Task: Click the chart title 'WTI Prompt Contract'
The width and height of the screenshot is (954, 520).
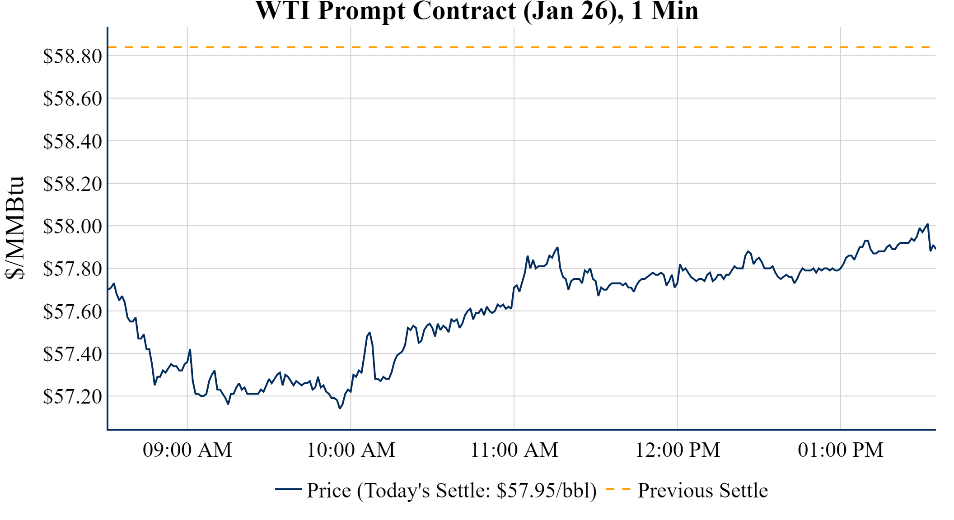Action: pos(477,11)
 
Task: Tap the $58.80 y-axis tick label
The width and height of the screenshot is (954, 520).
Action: pos(72,56)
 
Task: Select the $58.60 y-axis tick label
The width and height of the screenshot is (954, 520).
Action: pos(72,98)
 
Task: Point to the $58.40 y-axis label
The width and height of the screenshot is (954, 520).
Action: pos(72,141)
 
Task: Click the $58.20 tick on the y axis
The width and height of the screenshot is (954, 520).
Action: pos(72,184)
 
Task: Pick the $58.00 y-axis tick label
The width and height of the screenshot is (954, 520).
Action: pos(72,226)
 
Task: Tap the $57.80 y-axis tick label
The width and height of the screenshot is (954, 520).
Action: pos(72,269)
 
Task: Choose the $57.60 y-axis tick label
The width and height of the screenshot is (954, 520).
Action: pos(72,311)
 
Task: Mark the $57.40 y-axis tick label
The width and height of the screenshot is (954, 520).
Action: pos(72,354)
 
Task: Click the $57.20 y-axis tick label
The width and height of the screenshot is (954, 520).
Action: pos(72,396)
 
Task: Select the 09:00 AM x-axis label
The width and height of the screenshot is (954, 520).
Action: pos(187,450)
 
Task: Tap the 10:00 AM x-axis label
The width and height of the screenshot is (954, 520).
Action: pos(351,450)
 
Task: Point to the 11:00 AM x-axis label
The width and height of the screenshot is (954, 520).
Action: pos(514,450)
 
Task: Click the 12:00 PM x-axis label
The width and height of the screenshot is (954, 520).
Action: pos(678,450)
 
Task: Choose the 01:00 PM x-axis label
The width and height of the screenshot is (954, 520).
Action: pos(841,450)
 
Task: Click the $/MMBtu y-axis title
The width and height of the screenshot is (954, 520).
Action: pos(15,228)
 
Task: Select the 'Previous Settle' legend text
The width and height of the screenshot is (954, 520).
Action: pos(702,491)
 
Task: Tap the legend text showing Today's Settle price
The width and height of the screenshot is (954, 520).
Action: pos(452,491)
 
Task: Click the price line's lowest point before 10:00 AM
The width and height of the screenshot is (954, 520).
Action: pos(340,409)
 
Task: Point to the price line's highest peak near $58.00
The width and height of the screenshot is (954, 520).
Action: pos(927,224)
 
